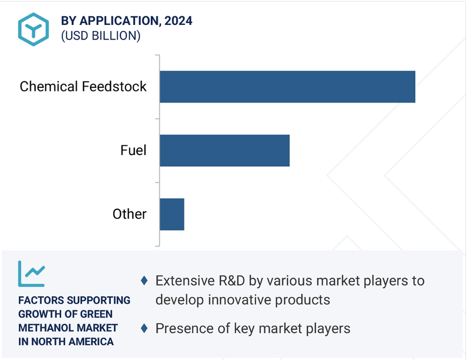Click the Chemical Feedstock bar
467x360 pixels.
287,87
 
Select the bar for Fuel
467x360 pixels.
225,150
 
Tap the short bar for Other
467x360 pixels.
172,214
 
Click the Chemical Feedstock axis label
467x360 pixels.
83,87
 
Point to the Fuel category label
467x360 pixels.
133,150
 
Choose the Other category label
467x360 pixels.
130,214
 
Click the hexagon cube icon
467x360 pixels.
33,29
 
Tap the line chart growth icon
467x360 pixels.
31,273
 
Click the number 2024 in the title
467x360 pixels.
179,21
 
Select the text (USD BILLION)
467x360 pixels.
100,36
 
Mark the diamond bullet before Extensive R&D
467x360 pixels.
144,280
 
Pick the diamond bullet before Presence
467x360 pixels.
144,329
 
